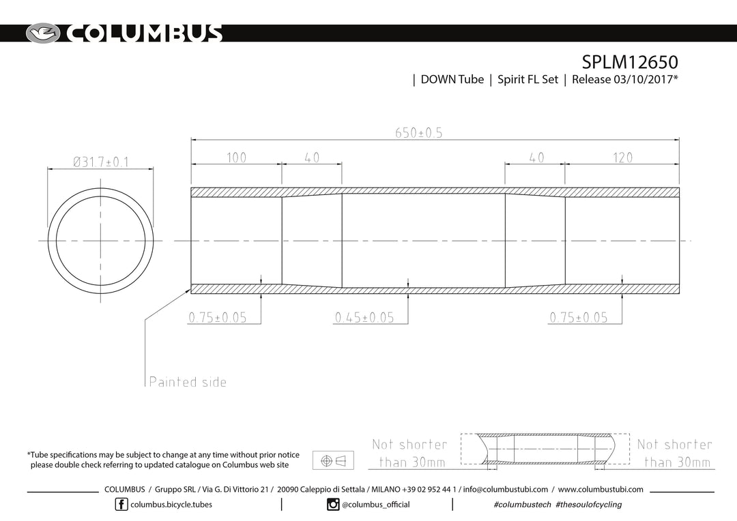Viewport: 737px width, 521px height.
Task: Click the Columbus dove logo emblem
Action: (x=43, y=33)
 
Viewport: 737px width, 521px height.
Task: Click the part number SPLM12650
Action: (x=629, y=62)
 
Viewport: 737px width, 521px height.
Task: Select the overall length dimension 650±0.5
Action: (x=419, y=133)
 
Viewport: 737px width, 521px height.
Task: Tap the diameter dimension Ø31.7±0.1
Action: (x=100, y=162)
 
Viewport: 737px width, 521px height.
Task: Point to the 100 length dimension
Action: (x=236, y=158)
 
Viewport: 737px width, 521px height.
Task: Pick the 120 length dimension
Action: (x=622, y=158)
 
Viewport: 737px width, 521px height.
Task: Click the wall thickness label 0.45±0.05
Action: (x=364, y=318)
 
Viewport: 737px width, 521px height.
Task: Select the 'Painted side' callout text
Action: (x=188, y=381)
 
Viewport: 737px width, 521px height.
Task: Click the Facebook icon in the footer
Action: (x=121, y=505)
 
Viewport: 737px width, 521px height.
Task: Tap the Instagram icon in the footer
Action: (x=333, y=505)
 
